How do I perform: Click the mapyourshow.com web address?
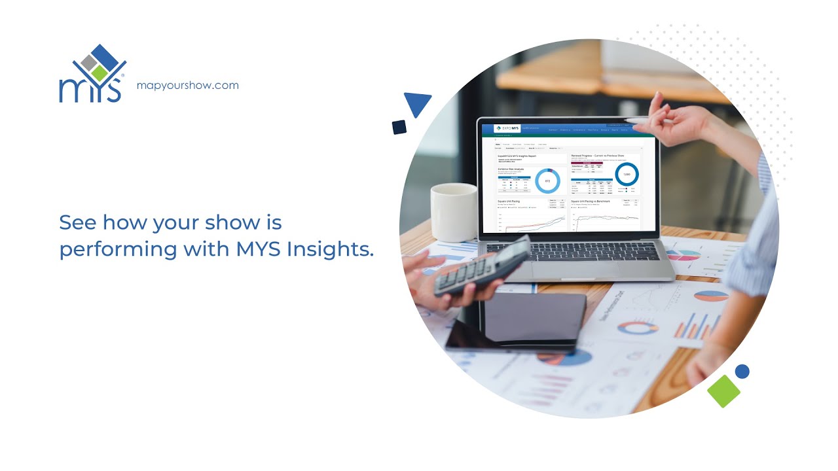point(187,85)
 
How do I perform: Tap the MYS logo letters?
point(90,90)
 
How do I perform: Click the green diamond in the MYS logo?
point(100,72)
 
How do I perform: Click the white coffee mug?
point(454,211)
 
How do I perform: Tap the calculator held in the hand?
point(483,266)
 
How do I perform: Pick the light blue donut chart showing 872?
point(547,181)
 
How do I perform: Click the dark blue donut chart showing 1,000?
point(627,174)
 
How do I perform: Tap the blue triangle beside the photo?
point(417,103)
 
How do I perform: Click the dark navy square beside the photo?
point(399,127)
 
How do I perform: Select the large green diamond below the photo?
point(723,391)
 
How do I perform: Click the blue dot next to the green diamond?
point(742,372)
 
